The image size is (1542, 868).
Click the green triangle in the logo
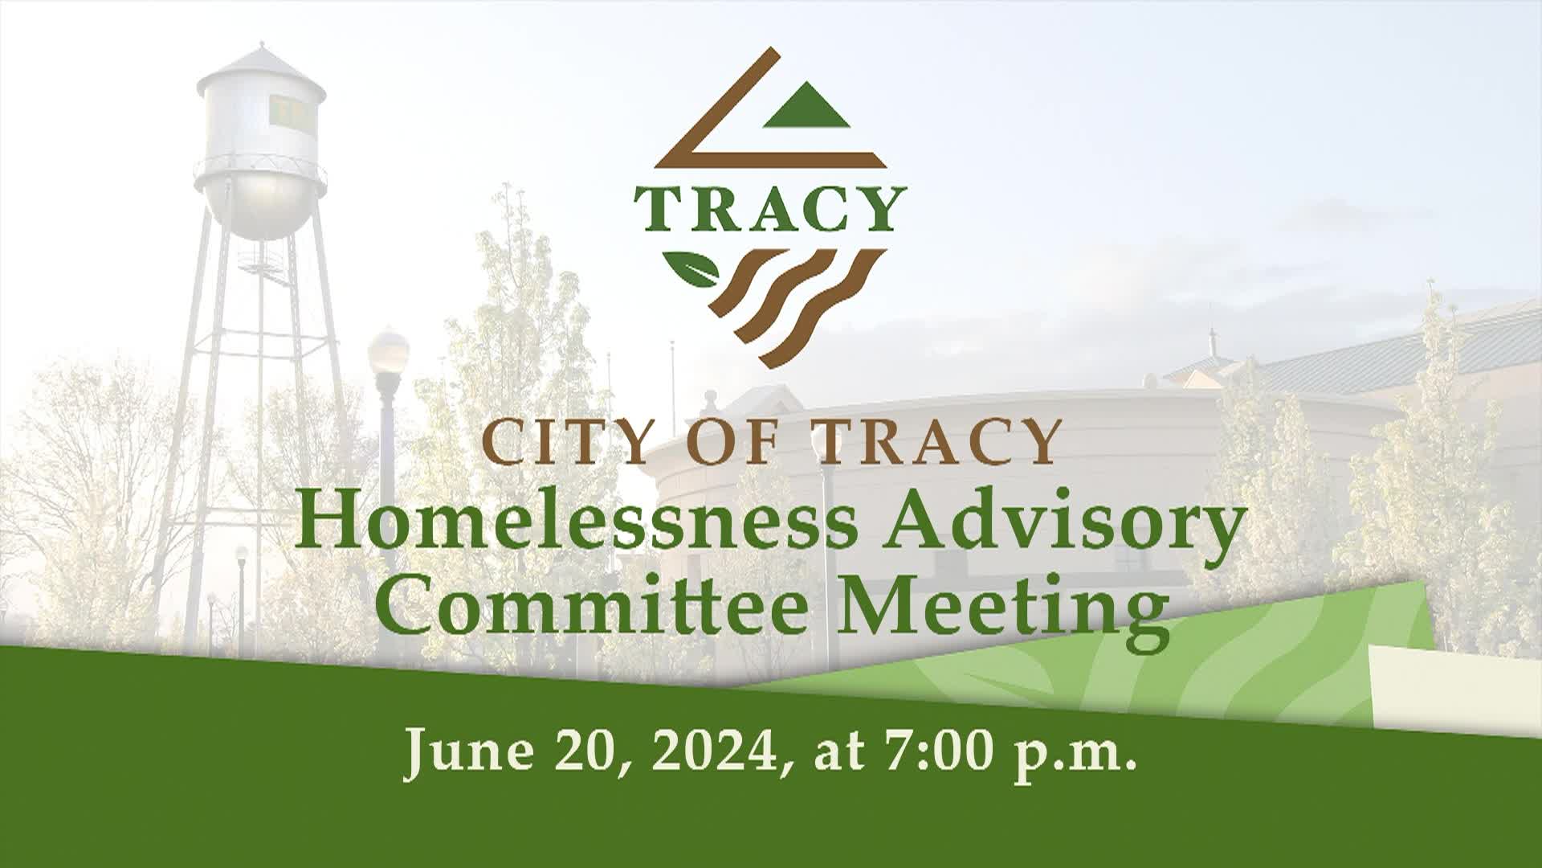[806, 111]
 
